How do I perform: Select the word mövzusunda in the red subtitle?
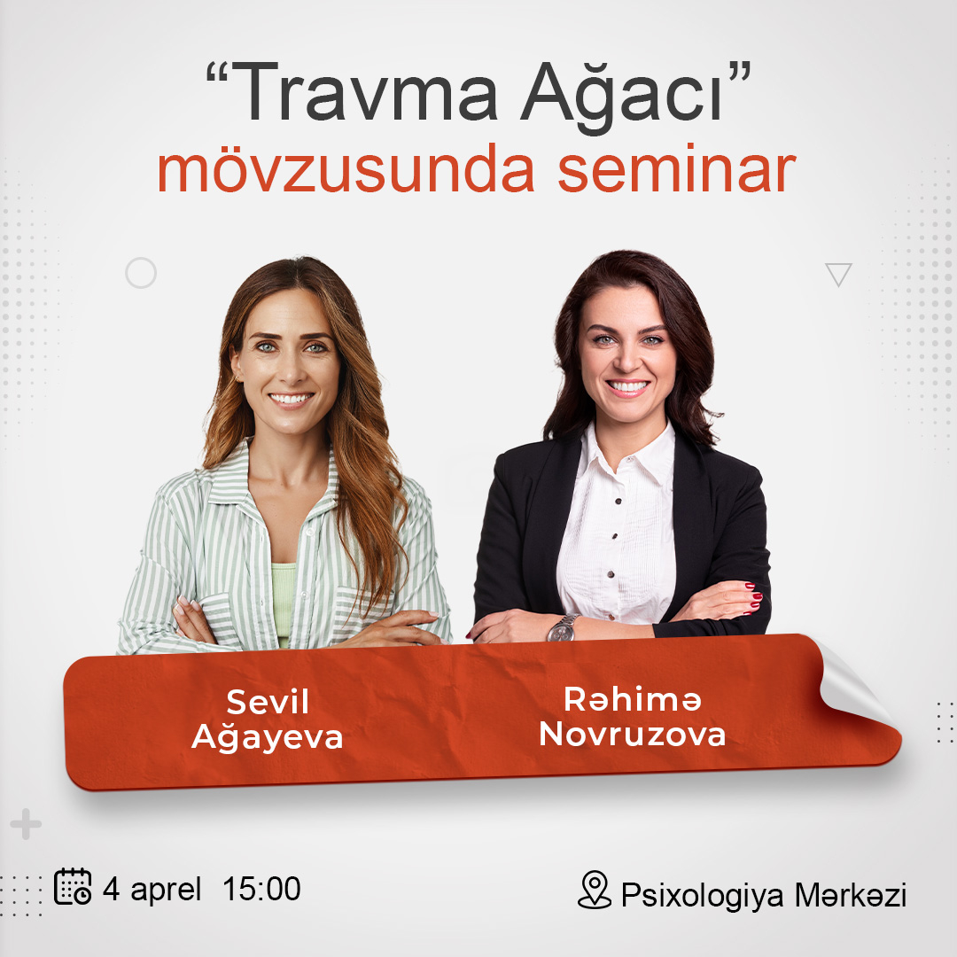pos(346,168)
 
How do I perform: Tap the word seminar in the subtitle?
pos(677,170)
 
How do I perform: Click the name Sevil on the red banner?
pos(268,702)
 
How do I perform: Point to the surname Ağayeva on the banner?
pos(268,736)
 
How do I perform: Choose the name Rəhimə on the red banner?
pos(633,699)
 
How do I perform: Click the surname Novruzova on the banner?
pos(633,734)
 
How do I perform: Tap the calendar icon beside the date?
pos(73,886)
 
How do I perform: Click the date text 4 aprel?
pos(152,889)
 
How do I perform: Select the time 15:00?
pos(261,889)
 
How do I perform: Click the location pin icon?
pos(595,890)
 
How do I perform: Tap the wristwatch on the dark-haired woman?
pos(562,628)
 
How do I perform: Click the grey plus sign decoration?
pos(26,824)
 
